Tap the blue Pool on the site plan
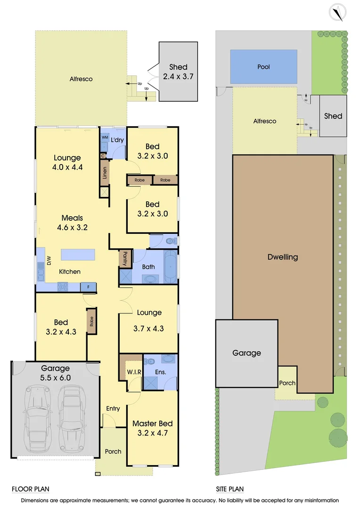264,67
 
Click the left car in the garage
38,418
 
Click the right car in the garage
71,418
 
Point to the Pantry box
125,259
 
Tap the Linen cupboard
105,172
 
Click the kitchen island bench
78,254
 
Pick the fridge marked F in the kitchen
88,287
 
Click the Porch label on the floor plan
113,452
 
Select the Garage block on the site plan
246,353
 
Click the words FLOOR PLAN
30,489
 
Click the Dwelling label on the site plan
283,257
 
